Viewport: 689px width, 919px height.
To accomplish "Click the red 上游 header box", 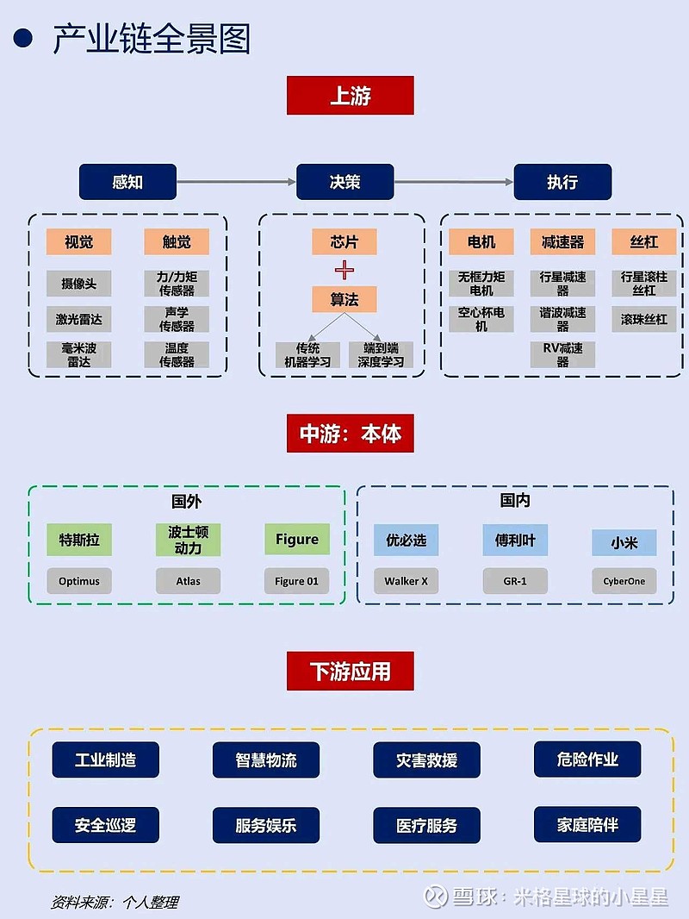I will coord(350,96).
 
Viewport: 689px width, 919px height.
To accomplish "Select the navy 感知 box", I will coord(127,183).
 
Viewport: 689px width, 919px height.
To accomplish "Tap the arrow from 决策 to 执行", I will coord(454,183).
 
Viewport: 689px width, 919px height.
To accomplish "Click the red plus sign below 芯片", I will coord(344,271).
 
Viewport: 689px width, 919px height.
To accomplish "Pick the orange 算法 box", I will coord(344,299).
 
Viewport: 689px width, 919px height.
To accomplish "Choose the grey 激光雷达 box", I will coord(79,320).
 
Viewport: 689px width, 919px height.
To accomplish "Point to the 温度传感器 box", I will coord(177,355).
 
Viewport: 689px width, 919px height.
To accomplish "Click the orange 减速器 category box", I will coord(562,242).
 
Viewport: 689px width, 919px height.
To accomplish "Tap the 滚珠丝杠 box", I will coord(644,320).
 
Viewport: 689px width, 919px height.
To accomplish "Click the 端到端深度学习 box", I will coord(381,355).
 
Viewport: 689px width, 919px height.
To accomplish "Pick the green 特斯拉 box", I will coord(79,540).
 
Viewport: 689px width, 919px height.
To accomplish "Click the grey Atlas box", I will coord(188,581).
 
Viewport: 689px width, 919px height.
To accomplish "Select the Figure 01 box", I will coord(296,581).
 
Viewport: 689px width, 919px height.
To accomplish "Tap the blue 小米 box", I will coord(624,543).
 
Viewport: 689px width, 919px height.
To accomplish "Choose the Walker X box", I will coord(406,581).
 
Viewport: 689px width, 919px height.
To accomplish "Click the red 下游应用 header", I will coord(350,671).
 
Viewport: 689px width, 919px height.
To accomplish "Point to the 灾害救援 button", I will coord(426,760).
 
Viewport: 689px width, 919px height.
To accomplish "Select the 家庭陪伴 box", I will coord(587,825).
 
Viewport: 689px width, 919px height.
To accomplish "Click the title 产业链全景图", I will coord(152,40).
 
